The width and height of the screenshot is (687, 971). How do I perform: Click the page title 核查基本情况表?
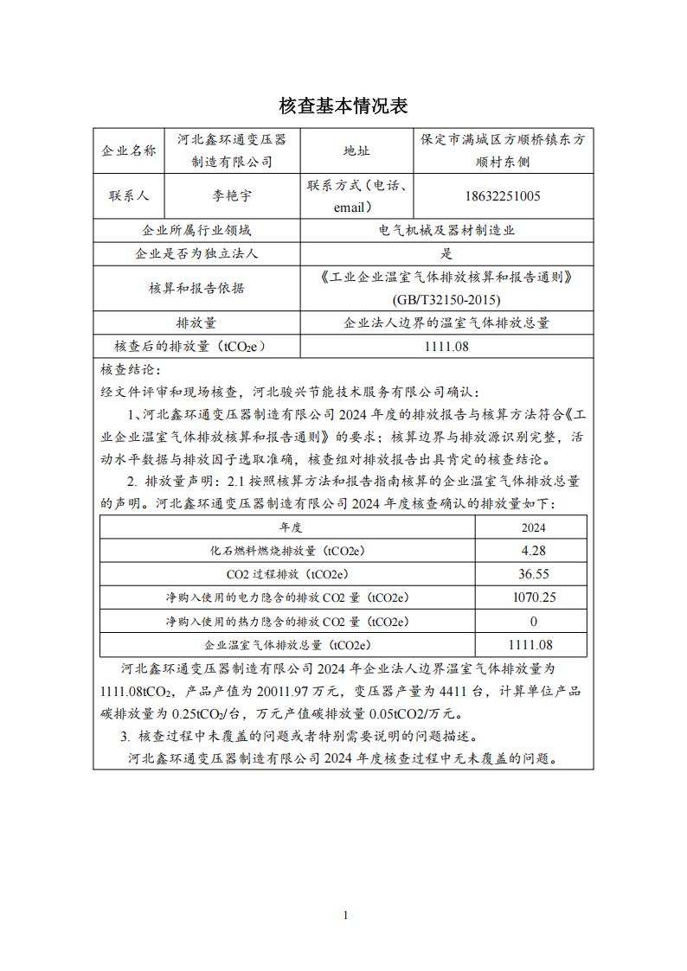[x=343, y=105]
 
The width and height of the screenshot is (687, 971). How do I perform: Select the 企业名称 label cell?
[x=129, y=150]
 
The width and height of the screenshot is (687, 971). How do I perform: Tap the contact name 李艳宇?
[x=232, y=195]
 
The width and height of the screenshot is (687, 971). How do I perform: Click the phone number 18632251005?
[x=504, y=195]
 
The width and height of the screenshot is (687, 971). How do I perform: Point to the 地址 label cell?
[x=356, y=150]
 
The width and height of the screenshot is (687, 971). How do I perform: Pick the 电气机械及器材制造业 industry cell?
[x=446, y=231]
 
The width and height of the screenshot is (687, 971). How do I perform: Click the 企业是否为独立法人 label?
[x=197, y=253]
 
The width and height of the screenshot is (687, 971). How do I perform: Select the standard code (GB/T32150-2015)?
[x=446, y=299]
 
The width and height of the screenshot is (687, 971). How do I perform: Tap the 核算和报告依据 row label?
[x=197, y=288]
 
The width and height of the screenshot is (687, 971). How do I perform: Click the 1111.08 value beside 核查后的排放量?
[x=446, y=346]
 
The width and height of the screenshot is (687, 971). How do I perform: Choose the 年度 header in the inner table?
[x=289, y=527]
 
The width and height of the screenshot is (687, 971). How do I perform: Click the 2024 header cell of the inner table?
[x=533, y=527]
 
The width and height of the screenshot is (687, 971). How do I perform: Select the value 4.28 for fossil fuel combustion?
[x=533, y=550]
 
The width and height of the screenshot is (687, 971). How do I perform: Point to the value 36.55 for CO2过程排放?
[x=533, y=573]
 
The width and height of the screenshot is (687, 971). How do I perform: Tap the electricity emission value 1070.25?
[x=533, y=597]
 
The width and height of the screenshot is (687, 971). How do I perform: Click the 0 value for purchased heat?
[x=533, y=621]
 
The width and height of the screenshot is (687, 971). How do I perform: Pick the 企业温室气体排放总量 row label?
[x=287, y=644]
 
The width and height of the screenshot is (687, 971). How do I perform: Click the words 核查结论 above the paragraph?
[x=125, y=369]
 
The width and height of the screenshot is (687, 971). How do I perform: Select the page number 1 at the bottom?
[x=344, y=915]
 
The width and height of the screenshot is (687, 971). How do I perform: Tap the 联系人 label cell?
[x=129, y=195]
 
